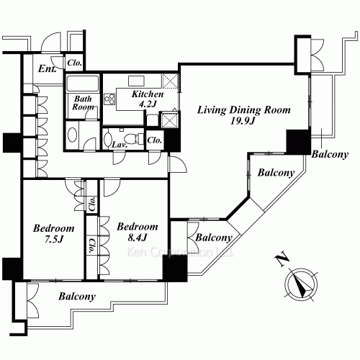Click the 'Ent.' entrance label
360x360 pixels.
tap(48, 69)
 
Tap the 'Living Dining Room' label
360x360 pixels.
tap(243, 110)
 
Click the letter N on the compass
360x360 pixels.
tap(280, 257)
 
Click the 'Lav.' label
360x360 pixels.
tap(120, 145)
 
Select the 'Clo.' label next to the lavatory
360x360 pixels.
tap(155, 140)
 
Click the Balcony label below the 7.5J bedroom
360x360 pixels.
tap(78, 296)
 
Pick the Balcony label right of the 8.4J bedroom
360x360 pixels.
tap(214, 238)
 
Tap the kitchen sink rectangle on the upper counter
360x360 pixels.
tap(137, 80)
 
